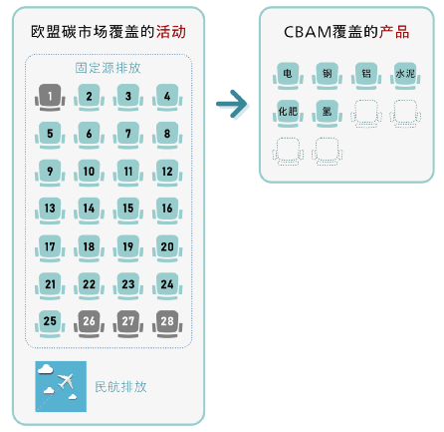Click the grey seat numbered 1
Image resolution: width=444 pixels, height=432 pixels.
coord(50,97)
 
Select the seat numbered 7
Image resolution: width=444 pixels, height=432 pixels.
coord(128,135)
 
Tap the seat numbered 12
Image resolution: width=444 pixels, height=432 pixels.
coord(167,173)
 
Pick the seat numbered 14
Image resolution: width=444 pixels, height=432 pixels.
coord(89,210)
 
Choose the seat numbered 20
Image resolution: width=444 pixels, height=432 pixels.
coord(167,247)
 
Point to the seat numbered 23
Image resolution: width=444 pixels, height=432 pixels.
coord(128,285)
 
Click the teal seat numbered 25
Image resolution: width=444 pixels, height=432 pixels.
coord(50,323)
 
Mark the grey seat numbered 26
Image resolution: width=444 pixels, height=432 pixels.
coord(89,323)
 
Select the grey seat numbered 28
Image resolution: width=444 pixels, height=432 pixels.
coord(167,323)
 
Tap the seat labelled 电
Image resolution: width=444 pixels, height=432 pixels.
coord(288,76)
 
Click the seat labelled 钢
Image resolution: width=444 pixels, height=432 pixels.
coord(327,76)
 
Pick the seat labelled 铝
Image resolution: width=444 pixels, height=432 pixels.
coord(366,76)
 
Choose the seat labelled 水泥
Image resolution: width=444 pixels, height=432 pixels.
coord(405,76)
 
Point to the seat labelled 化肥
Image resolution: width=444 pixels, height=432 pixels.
coord(288,113)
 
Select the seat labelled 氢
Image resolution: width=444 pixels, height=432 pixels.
coord(327,113)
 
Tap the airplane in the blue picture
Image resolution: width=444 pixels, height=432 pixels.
coord(66,381)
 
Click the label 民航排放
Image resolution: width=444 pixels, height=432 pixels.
coord(120,387)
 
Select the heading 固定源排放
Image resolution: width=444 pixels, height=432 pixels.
coord(108,68)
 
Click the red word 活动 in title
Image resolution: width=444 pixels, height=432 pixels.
coord(171,32)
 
